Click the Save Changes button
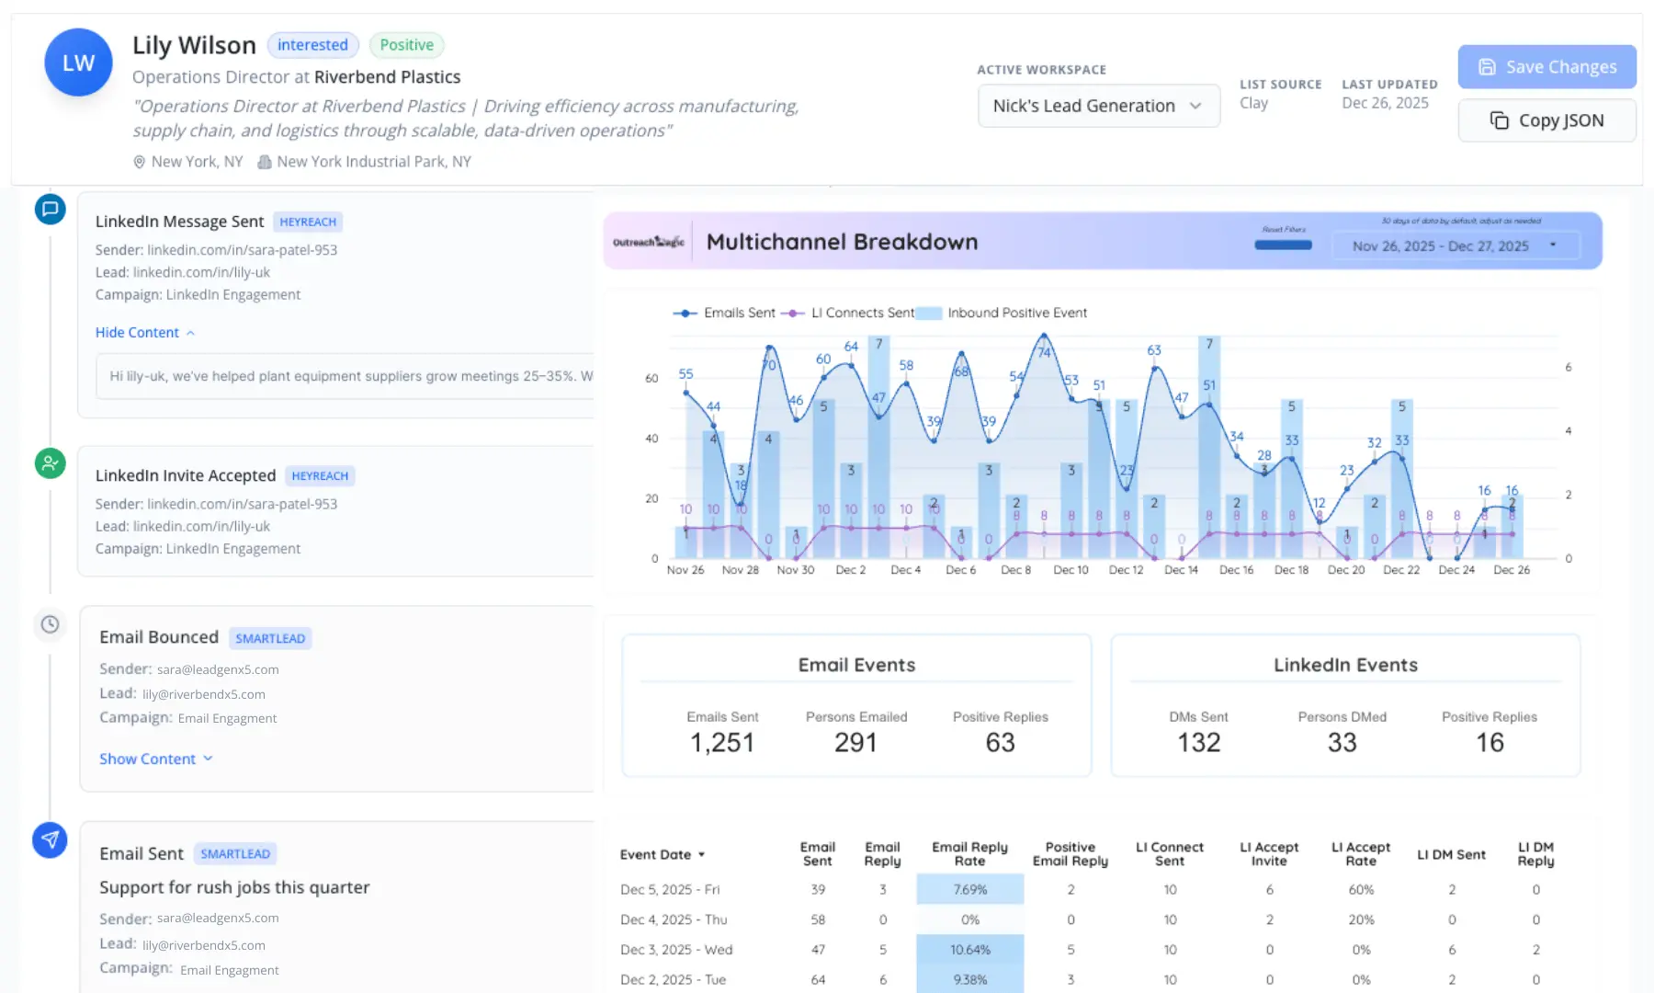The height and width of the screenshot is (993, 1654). [1546, 67]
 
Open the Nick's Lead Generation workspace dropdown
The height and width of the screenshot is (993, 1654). [1098, 106]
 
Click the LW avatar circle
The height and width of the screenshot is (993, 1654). [78, 63]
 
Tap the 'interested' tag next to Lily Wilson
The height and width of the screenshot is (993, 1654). [312, 45]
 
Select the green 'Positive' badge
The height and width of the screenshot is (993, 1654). [406, 45]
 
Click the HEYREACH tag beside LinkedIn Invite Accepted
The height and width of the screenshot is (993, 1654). [319, 475]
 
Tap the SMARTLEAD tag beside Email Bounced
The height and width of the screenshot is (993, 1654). [269, 638]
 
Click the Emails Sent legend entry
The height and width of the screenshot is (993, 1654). [725, 313]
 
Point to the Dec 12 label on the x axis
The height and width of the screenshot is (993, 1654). [1126, 570]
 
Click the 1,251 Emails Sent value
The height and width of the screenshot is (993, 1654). [722, 742]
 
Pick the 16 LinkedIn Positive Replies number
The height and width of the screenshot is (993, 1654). [1489, 742]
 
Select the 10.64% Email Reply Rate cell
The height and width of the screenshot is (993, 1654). [969, 950]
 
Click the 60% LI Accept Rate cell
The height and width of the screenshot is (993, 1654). [1360, 890]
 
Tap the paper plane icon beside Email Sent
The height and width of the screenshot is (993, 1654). [50, 839]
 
